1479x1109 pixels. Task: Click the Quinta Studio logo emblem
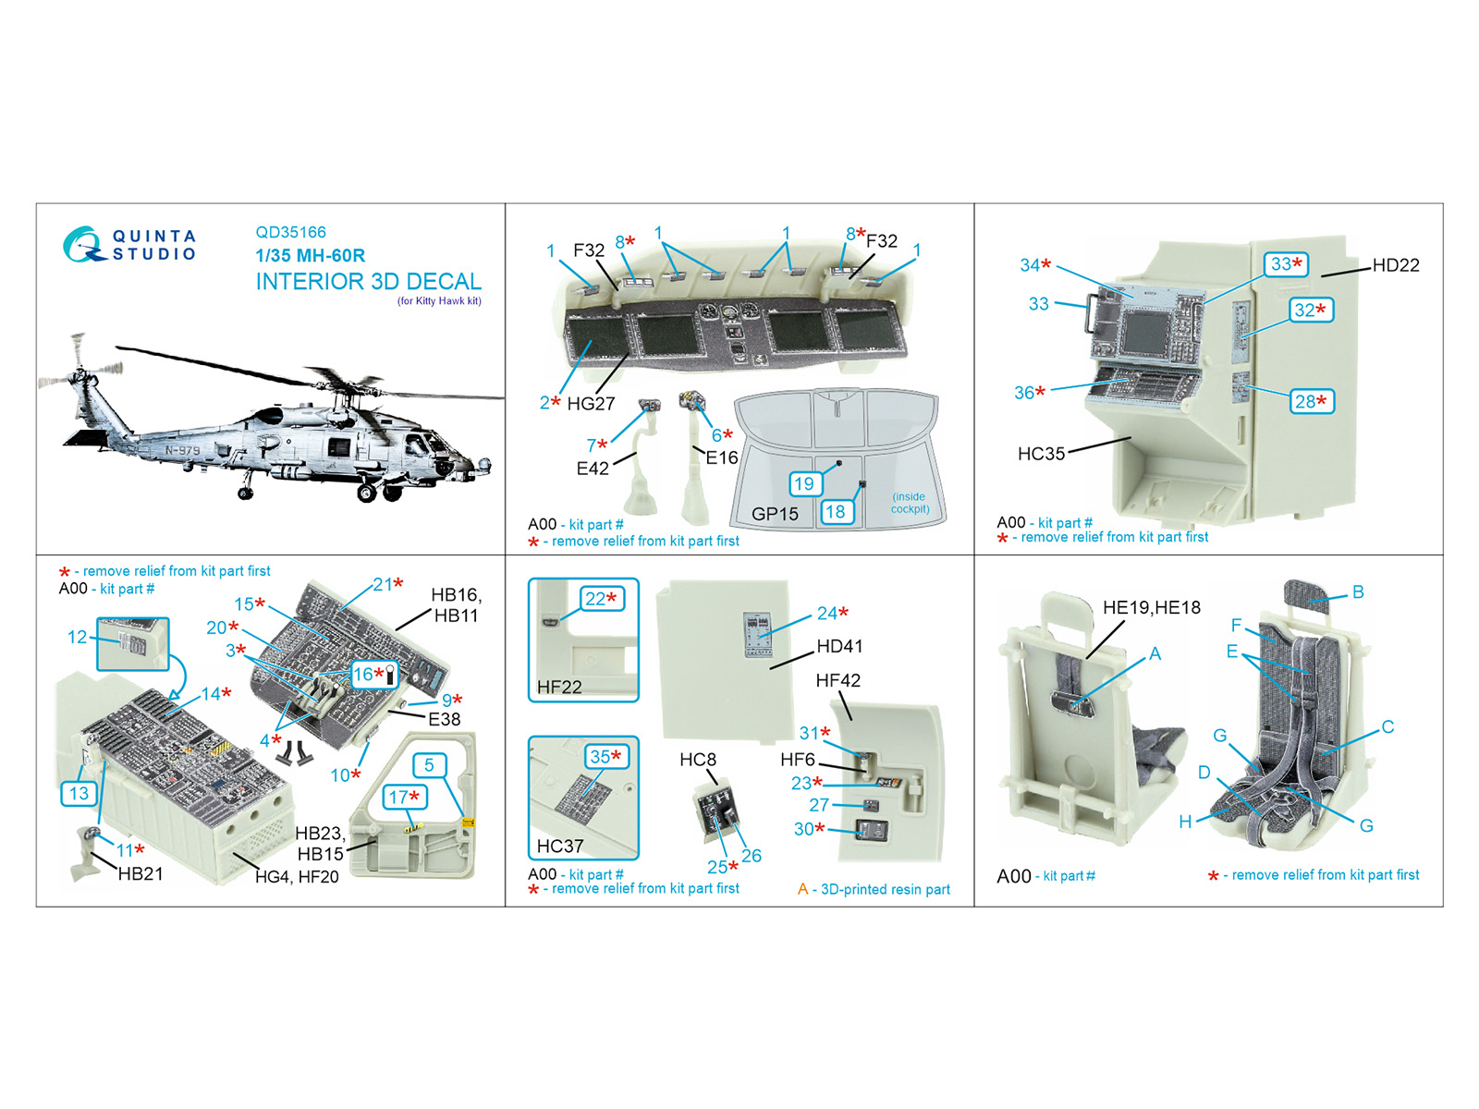click(x=83, y=244)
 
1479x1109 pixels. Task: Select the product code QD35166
click(x=290, y=232)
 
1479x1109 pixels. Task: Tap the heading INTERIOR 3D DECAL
click(x=369, y=282)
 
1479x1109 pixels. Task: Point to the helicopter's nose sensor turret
click(x=483, y=465)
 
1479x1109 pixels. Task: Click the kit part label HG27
click(x=591, y=403)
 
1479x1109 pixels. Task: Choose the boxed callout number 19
click(x=804, y=483)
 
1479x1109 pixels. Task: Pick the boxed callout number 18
click(x=837, y=512)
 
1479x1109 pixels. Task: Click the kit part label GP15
click(x=775, y=515)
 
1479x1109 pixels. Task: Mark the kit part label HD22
click(x=1396, y=265)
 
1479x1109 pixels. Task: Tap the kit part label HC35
click(x=1041, y=454)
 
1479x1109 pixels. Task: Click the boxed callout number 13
click(x=79, y=793)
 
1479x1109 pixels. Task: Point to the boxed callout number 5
click(x=429, y=765)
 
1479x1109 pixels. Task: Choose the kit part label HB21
click(x=141, y=874)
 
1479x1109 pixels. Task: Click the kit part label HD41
click(x=839, y=646)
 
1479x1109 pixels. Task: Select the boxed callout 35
click(x=605, y=757)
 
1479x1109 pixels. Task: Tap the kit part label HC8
click(x=697, y=760)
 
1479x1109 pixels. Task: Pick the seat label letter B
click(x=1359, y=591)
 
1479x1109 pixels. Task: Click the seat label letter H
click(x=1185, y=822)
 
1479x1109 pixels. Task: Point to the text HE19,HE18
click(x=1152, y=607)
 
